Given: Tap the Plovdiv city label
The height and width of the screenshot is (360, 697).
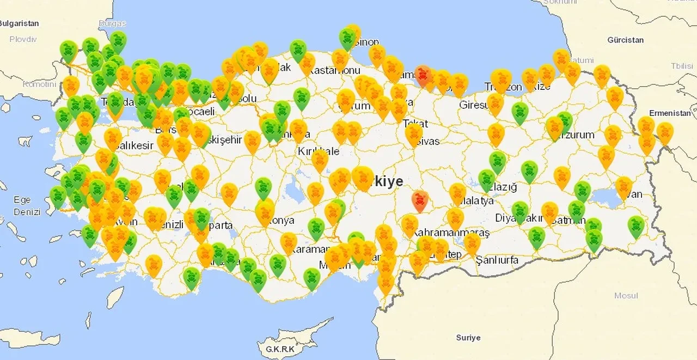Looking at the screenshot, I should click(23, 39).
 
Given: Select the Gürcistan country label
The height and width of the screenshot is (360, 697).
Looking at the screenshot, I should click(626, 40).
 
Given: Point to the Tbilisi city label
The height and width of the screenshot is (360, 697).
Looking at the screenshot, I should click(682, 66).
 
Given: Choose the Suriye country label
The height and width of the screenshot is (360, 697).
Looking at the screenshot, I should click(468, 338).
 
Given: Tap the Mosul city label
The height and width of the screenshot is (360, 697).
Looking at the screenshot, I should click(626, 296).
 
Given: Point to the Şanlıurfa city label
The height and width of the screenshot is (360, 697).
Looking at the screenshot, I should click(497, 260).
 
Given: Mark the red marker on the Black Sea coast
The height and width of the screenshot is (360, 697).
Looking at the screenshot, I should click(423, 75).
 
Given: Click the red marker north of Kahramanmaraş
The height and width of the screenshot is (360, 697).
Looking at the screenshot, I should click(419, 200).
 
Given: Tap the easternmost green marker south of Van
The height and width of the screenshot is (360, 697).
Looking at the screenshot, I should click(636, 226).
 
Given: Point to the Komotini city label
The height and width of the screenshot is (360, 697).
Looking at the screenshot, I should click(39, 84).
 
